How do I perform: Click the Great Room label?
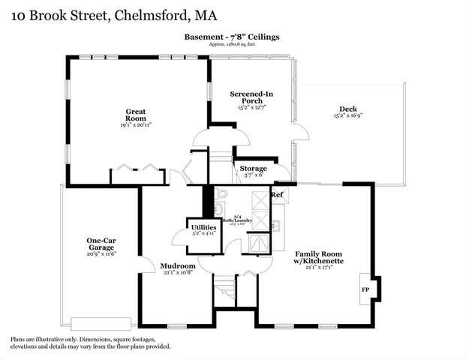pyautogui.click(x=135, y=115)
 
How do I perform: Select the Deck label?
pyautogui.click(x=347, y=109)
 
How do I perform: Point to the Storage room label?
pyautogui.click(x=253, y=169)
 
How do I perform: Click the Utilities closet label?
pyautogui.click(x=203, y=226)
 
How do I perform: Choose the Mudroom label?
pyautogui.click(x=178, y=265)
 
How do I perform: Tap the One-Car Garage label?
pyautogui.click(x=101, y=244)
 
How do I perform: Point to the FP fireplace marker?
pyautogui.click(x=365, y=289)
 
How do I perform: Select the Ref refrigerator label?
pyautogui.click(x=277, y=195)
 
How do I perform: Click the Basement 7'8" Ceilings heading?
pyautogui.click(x=233, y=37)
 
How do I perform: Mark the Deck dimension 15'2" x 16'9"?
pyautogui.click(x=347, y=116)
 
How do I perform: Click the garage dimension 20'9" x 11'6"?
pyautogui.click(x=101, y=253)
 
